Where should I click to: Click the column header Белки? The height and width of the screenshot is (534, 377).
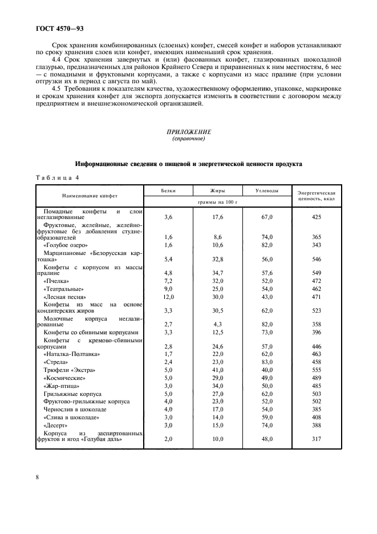click(168, 191)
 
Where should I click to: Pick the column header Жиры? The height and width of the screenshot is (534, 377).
click(217, 191)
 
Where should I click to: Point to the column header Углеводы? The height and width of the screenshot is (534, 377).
click(266, 191)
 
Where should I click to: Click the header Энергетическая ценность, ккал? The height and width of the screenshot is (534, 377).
click(318, 197)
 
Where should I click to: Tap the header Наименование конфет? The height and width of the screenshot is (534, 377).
click(90, 196)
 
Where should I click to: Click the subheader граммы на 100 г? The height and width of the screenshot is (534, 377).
click(217, 202)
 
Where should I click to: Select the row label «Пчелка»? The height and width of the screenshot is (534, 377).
click(56, 281)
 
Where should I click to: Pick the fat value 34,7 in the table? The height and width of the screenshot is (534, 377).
click(217, 273)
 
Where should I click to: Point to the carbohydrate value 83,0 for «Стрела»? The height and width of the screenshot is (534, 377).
click(266, 362)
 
